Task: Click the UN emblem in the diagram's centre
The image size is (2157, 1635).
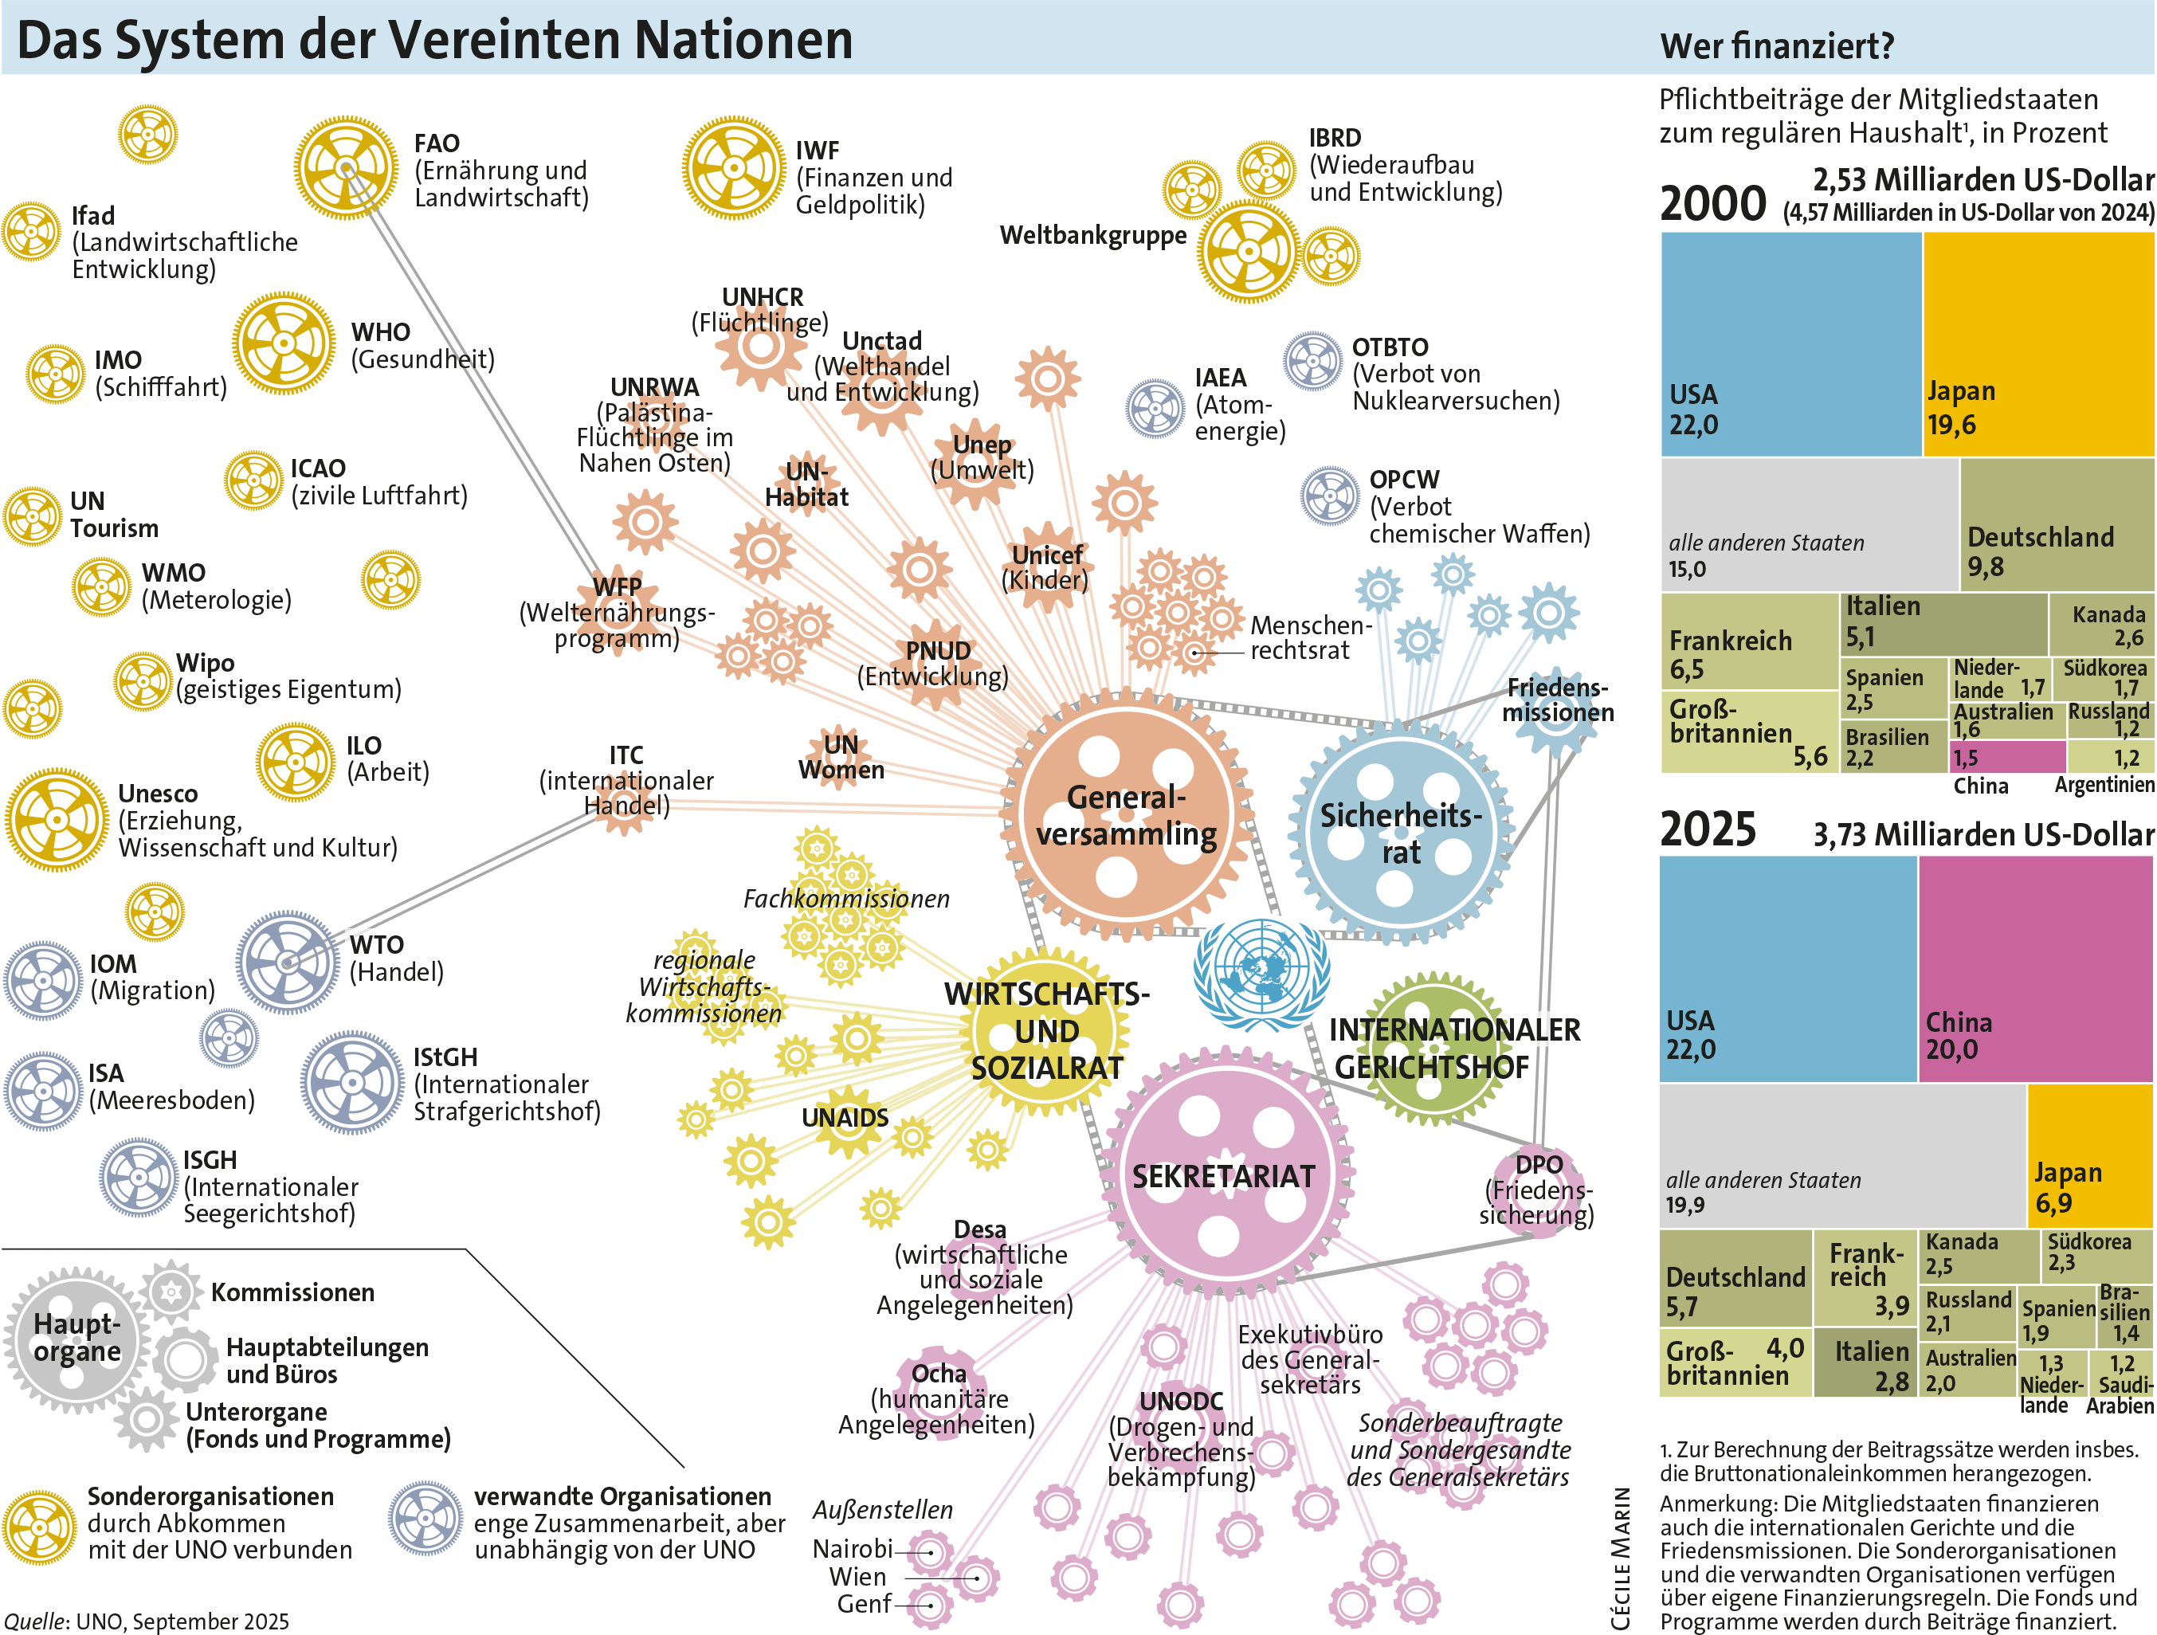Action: coord(1261,973)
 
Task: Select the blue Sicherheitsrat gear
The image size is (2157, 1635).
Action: coord(1402,833)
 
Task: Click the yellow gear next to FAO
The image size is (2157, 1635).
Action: coord(346,167)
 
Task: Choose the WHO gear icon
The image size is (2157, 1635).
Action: coord(284,343)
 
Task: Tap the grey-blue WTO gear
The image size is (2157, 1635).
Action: coord(288,963)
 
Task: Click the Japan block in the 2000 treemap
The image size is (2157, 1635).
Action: coord(2038,343)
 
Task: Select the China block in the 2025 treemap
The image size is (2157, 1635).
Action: coord(2035,968)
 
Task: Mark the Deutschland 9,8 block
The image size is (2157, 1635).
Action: coord(2056,524)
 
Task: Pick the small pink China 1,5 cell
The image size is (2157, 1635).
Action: coord(2008,757)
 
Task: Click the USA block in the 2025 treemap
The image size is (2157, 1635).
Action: coord(1787,968)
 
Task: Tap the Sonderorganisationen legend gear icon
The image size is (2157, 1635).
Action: coord(39,1527)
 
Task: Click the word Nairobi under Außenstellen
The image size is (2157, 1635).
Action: coord(851,1548)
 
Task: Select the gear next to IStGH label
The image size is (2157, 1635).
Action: coord(352,1083)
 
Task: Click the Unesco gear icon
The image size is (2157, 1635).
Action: coord(57,819)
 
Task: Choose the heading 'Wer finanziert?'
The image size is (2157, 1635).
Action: coord(1777,46)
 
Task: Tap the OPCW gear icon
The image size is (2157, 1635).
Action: coord(1329,496)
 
